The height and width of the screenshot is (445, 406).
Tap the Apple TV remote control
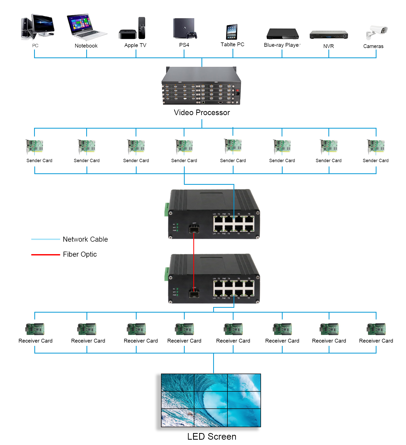pyautogui.click(x=142, y=28)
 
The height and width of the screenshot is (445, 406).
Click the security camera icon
pyautogui.click(x=377, y=32)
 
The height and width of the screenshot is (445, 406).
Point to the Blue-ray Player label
pyautogui.click(x=282, y=45)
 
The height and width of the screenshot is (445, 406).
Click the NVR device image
pyautogui.click(x=328, y=35)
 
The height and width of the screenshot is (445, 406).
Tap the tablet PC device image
pyautogui.click(x=232, y=32)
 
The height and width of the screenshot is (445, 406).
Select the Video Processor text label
pyautogui.click(x=202, y=113)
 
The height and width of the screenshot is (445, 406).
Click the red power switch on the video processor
pyautogui.click(x=237, y=90)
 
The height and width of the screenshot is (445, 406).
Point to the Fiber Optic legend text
pyautogui.click(x=80, y=254)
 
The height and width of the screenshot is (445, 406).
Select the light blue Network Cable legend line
pyautogui.click(x=46, y=239)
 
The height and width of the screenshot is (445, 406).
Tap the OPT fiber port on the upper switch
pyautogui.click(x=194, y=230)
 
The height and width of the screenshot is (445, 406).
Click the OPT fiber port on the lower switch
pyautogui.click(x=194, y=294)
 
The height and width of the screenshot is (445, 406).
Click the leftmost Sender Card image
pyautogui.click(x=35, y=147)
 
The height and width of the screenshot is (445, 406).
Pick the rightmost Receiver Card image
pyautogui.click(x=376, y=329)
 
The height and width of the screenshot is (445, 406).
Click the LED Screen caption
pyautogui.click(x=212, y=436)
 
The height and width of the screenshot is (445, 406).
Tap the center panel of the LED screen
pyautogui.click(x=211, y=400)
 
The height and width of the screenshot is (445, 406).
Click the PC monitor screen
pyautogui.click(x=43, y=24)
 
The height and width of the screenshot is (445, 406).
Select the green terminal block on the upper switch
pyautogui.click(x=167, y=209)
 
